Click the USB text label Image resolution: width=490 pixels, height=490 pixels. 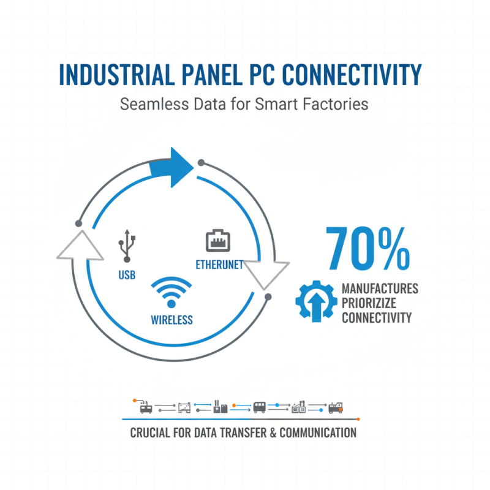[x=126, y=275]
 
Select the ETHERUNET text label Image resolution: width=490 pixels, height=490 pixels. [x=219, y=265]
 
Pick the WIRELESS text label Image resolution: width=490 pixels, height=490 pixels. [x=171, y=319]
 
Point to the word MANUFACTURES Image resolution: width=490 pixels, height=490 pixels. [x=380, y=288]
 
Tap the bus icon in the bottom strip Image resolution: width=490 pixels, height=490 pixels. [x=260, y=407]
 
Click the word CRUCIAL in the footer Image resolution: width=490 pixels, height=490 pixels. [x=151, y=433]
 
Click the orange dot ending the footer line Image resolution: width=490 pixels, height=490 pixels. [x=358, y=419]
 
